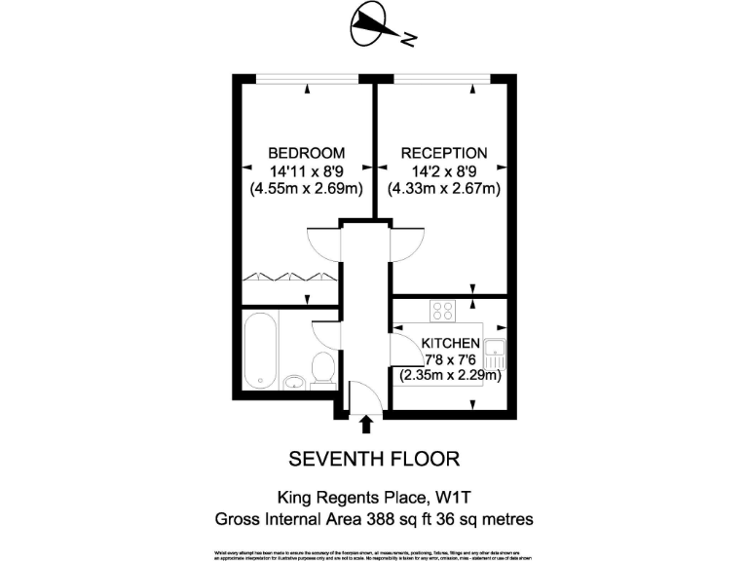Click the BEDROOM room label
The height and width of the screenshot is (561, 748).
click(x=307, y=153)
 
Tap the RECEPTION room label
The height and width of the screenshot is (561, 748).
click(x=443, y=153)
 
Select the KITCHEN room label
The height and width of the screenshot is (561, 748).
click(x=450, y=343)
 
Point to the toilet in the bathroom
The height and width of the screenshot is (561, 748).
click(x=322, y=368)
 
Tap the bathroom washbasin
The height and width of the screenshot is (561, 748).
click(x=293, y=381)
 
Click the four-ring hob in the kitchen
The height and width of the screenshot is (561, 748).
click(x=443, y=311)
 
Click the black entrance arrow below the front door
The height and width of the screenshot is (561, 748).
click(x=366, y=424)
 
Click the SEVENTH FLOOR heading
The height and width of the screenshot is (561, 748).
click(x=374, y=458)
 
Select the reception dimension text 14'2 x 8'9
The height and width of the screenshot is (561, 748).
click(x=443, y=170)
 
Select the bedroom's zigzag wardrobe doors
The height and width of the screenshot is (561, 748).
click(x=289, y=277)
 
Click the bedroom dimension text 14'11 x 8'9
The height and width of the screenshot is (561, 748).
click(x=307, y=170)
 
